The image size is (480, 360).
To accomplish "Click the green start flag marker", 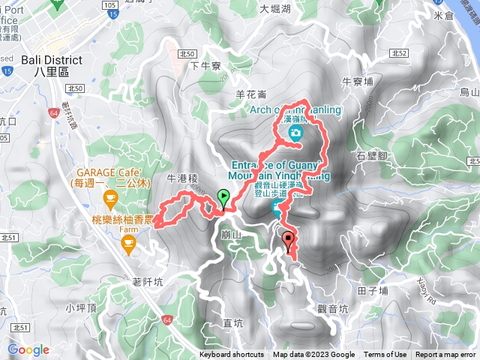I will coord(223,198).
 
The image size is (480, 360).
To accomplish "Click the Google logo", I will coord(28,349).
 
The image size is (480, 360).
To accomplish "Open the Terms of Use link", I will coord(385,355).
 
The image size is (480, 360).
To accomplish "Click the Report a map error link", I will coord(446,355).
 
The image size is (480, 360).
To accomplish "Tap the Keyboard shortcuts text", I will coord(231,355).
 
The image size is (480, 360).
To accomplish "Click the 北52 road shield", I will coord(399,53).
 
